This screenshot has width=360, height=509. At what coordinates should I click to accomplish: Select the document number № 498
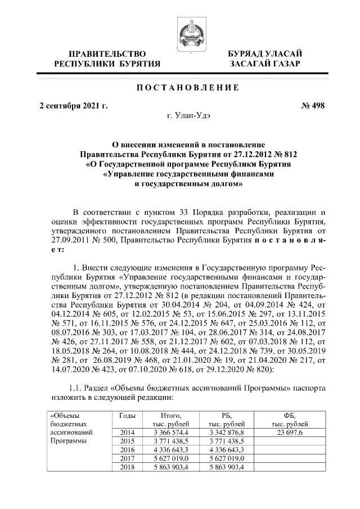click(x=313, y=105)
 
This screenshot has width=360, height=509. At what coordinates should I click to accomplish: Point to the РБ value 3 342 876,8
click(x=226, y=432)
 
